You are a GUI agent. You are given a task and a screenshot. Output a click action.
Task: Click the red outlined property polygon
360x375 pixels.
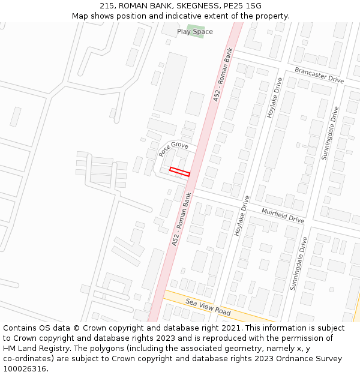pos(179,172)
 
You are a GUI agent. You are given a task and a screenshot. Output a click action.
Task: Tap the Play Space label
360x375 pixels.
pos(194,32)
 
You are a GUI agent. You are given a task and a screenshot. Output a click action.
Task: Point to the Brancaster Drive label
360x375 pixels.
pos(319,75)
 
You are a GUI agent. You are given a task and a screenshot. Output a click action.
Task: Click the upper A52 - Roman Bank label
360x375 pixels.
pos(222,75)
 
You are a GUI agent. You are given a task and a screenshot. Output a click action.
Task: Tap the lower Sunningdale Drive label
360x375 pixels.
pos(298,263)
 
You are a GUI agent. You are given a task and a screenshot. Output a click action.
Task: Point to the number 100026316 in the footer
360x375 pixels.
pos(26,369)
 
